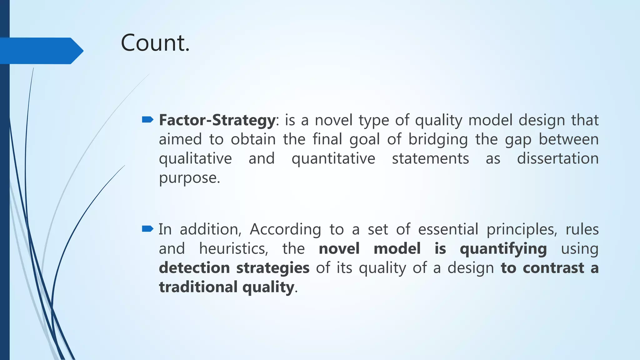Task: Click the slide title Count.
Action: (155, 43)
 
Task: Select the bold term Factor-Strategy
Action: (217, 120)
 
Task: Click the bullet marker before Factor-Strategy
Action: (147, 119)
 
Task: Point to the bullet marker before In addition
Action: (147, 229)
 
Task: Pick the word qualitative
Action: (195, 159)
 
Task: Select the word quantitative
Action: (333, 159)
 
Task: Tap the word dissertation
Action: (557, 158)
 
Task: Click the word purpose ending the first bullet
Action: (189, 178)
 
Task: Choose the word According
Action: (285, 230)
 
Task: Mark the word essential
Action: (448, 229)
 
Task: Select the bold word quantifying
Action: (503, 249)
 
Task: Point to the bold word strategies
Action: (272, 268)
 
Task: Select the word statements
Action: (430, 158)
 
